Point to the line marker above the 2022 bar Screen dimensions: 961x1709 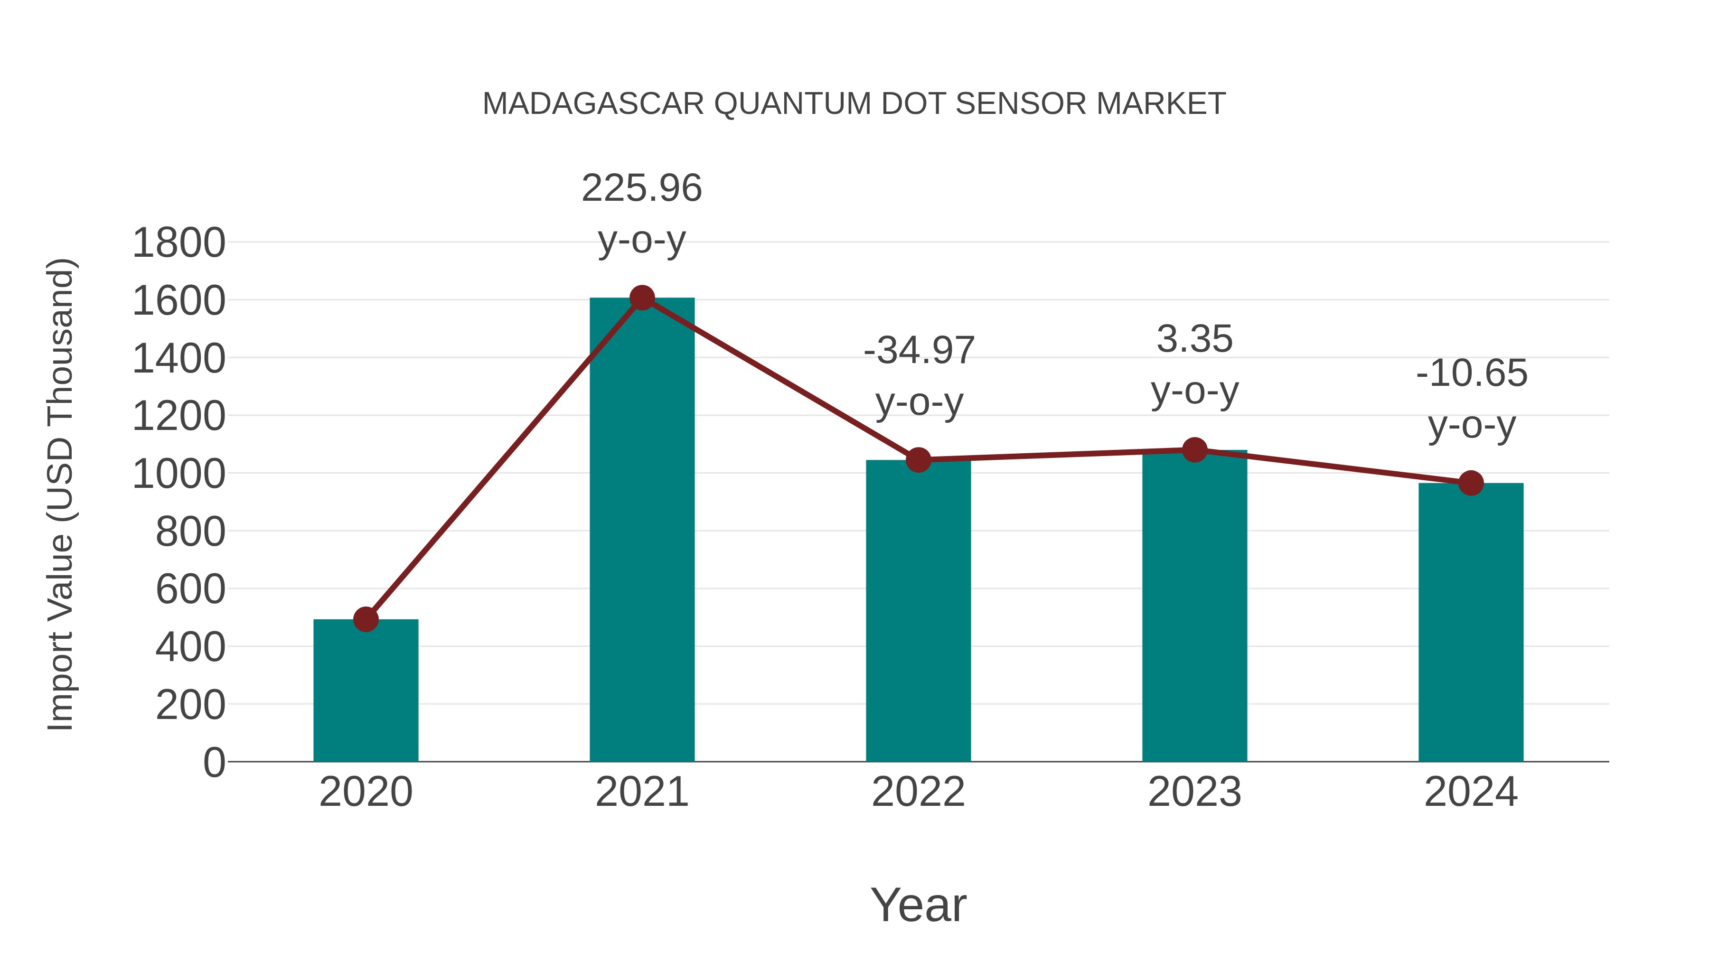918,459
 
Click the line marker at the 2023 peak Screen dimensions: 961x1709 1194,450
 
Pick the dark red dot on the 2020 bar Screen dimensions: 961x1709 366,619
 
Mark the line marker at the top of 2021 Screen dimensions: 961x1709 641,298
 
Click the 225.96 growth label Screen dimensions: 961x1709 641,188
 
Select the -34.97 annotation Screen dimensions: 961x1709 919,351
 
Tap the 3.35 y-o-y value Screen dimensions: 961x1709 1194,340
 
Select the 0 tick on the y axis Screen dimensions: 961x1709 214,762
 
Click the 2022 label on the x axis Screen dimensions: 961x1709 918,792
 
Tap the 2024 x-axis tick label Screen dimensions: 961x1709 1470,792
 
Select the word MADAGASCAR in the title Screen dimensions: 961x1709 593,104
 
